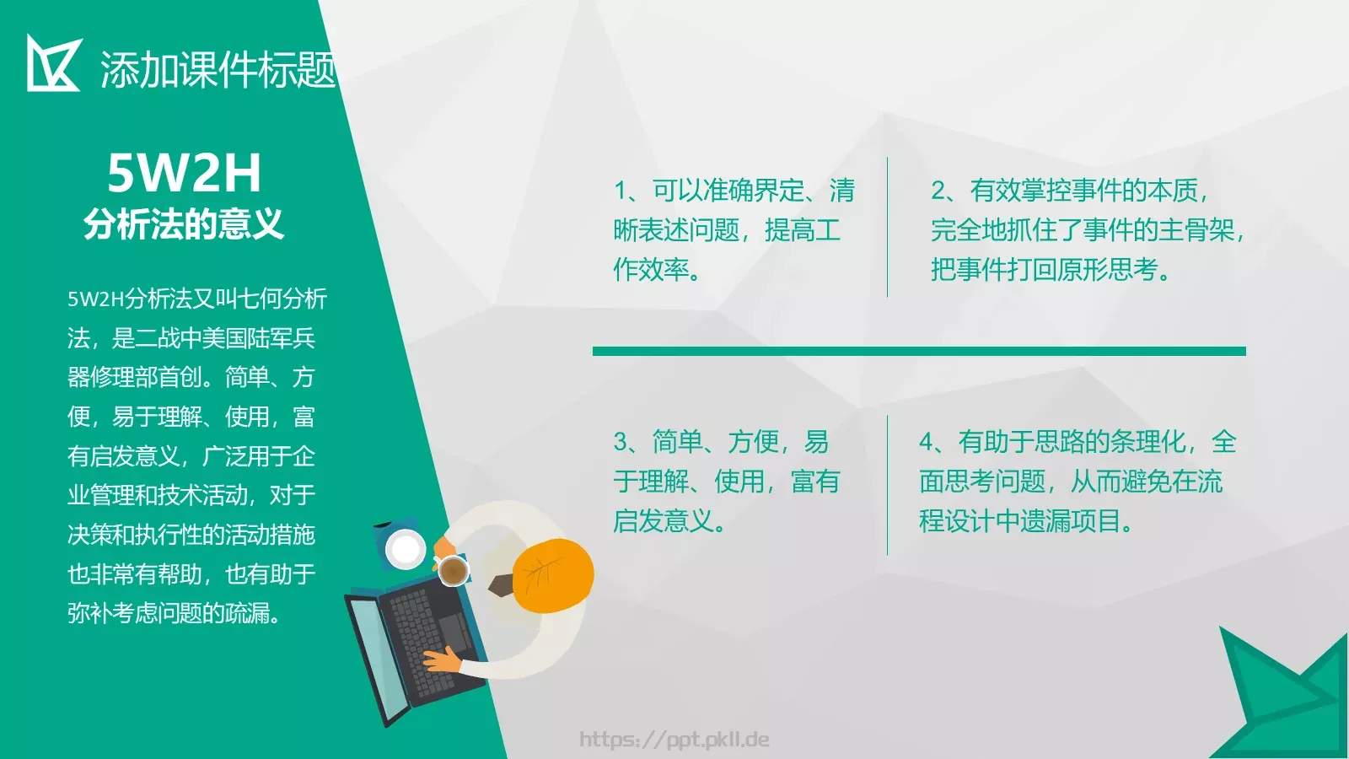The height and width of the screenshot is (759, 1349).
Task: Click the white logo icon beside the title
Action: [52, 63]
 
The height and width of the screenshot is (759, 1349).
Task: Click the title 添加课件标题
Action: [218, 69]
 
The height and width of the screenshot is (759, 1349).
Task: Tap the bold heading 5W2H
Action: [184, 173]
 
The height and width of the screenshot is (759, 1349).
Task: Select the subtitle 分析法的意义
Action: [184, 224]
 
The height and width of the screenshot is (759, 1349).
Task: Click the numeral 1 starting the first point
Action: [621, 191]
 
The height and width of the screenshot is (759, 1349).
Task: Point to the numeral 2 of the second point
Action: [938, 191]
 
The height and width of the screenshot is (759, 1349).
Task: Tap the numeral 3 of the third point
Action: [621, 442]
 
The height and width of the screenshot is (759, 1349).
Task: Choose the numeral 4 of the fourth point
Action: [927, 442]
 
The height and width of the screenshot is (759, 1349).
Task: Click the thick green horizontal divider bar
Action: [919, 351]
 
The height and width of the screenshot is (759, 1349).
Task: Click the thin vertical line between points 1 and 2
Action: [887, 228]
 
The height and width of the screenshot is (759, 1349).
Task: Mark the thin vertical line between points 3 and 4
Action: [887, 485]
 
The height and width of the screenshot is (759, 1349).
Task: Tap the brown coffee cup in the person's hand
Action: [453, 571]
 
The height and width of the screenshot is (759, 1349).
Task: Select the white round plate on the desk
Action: [406, 550]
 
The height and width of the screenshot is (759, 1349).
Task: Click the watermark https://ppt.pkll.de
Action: [674, 740]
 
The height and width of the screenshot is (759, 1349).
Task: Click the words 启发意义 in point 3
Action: [663, 521]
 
